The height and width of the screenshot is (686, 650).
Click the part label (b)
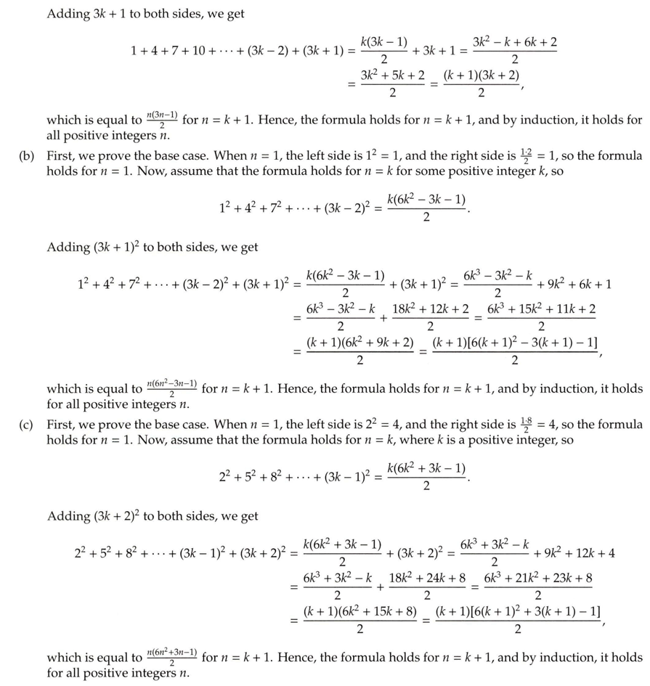(x=28, y=156)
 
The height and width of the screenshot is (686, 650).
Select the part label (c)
(x=28, y=424)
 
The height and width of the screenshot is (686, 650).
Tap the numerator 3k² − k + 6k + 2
(x=515, y=42)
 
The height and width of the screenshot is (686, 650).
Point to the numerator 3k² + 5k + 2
(x=392, y=75)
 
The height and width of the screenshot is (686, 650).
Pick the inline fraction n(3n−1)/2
(x=162, y=120)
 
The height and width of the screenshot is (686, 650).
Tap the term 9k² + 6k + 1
(x=577, y=284)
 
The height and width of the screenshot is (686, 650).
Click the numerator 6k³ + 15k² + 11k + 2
(x=541, y=309)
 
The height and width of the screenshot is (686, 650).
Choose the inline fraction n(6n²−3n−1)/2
(x=171, y=388)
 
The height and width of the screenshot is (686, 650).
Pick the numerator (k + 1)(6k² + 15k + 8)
(x=360, y=611)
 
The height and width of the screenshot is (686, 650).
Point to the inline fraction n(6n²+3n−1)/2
(x=171, y=658)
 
